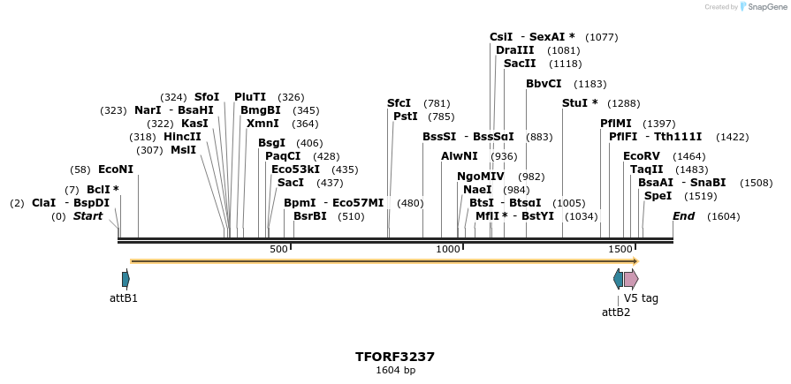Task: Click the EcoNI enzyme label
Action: [x=115, y=169]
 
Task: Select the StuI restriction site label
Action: [x=580, y=103]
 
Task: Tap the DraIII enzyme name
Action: [x=514, y=50]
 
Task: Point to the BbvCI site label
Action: [x=544, y=84]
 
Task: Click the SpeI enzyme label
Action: [x=657, y=196]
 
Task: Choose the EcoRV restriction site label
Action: [x=642, y=156]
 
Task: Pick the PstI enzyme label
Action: [x=405, y=117]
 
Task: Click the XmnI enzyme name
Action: [x=262, y=124]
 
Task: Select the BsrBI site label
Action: [x=310, y=216]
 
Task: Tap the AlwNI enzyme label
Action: [x=460, y=156]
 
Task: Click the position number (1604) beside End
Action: [x=723, y=216]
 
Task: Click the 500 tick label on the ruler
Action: [x=278, y=250]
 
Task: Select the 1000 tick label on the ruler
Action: [x=449, y=250]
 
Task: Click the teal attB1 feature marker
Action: [x=125, y=279]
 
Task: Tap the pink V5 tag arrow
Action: [x=630, y=279]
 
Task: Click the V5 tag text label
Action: [x=641, y=298]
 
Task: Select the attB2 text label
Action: [x=616, y=312]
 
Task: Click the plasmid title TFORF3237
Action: [x=395, y=357]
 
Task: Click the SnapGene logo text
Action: [x=765, y=7]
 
